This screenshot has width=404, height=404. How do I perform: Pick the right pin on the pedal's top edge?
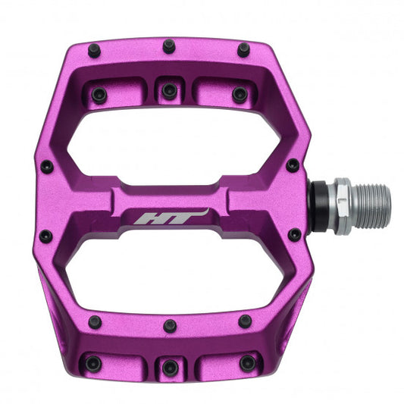(x=243, y=50)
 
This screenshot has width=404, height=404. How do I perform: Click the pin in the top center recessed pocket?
(x=170, y=90)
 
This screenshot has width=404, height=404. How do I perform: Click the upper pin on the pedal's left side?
(x=46, y=166)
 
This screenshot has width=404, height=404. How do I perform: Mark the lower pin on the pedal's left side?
(x=46, y=236)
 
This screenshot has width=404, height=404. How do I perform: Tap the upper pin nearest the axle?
(x=293, y=165)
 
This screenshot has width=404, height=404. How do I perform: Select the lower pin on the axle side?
(x=293, y=235)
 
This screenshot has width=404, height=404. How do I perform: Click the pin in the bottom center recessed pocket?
(x=170, y=368)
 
